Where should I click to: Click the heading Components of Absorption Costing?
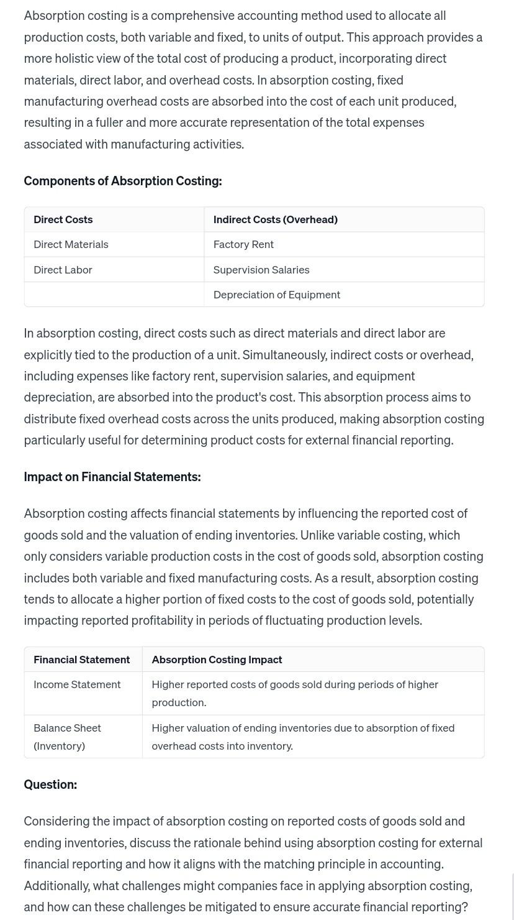coord(122,181)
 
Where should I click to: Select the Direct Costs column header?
coord(63,219)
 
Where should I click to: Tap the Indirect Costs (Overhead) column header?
coord(275,219)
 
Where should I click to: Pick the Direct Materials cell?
coord(71,244)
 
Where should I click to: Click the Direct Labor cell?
coord(63,270)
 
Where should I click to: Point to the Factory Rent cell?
coord(243,244)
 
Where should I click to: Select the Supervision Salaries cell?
coord(261,270)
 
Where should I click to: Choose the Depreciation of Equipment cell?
coord(276,295)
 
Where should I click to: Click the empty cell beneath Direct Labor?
coord(114,295)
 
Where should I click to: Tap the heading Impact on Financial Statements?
coord(112,477)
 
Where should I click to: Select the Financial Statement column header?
coord(81,660)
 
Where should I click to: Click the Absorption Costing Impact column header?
coord(217,660)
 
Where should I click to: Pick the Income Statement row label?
coord(77,684)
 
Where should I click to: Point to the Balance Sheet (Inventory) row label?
coord(67,737)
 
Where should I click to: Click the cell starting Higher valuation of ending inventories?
coord(302,737)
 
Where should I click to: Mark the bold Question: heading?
coord(50,784)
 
